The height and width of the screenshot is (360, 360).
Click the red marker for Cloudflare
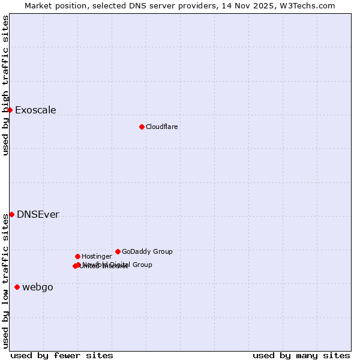tap(142, 127)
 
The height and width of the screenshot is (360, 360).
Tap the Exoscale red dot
tap(10, 110)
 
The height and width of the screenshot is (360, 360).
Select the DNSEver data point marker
tap(11, 214)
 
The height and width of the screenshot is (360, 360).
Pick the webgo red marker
tap(17, 287)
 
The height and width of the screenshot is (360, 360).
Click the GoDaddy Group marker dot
tap(118, 251)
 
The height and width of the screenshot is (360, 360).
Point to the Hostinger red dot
tap(77, 256)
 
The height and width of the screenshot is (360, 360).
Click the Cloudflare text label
tap(161, 127)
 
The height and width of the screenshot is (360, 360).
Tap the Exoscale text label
tap(35, 110)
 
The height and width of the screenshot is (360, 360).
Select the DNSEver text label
tap(38, 215)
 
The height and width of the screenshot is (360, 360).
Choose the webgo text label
tap(38, 287)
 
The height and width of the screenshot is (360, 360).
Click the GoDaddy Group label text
tap(147, 251)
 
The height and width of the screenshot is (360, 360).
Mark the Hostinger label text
tap(97, 256)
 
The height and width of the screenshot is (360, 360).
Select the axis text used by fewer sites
tap(62, 355)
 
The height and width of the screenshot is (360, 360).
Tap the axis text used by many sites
tap(301, 355)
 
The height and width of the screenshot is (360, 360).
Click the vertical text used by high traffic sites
tap(5, 86)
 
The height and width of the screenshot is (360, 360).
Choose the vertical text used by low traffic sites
tap(5, 281)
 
